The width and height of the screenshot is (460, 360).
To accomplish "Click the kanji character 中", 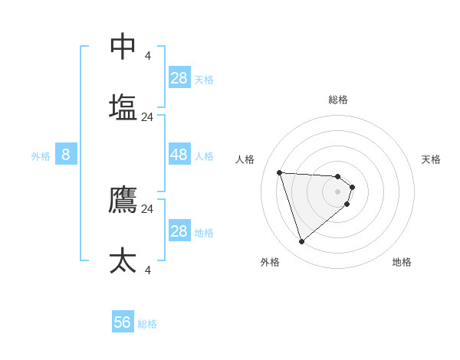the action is [123, 46].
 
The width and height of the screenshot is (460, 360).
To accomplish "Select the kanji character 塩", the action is [123, 106].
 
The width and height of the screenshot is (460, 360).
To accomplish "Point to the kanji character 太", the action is [123, 260].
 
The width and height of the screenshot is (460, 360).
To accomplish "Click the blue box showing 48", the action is [179, 155].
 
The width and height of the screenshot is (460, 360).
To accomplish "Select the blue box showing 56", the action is [123, 322].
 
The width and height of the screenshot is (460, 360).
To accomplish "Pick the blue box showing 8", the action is [66, 155].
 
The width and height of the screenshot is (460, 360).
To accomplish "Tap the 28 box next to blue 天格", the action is [179, 78].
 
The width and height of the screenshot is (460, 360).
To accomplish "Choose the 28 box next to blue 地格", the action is [179, 231].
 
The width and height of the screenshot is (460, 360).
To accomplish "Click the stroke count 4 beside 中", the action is [148, 55].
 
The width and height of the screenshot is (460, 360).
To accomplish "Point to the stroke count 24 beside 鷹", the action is [148, 208].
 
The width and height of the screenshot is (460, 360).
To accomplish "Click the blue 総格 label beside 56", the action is [147, 324].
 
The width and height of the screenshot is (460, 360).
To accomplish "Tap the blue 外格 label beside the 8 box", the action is [41, 156].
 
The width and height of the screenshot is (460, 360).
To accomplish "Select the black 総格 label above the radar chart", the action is [338, 100].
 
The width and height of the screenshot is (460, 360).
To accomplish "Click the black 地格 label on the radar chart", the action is [402, 262].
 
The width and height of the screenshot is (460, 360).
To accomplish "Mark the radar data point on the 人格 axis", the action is [280, 172].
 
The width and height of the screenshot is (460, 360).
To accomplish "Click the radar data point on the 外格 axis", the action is [301, 242].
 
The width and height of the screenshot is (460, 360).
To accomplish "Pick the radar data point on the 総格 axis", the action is [338, 176].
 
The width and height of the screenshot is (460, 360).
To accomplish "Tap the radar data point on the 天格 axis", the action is [352, 187].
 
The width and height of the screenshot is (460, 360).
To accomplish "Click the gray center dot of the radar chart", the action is [338, 191].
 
